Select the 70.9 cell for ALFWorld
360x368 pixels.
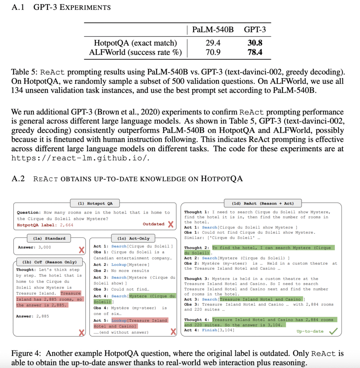coord(213,52)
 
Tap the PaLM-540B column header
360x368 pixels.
coord(213,29)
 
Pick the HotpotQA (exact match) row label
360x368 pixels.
coord(135,43)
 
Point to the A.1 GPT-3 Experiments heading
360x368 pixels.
coord(61,7)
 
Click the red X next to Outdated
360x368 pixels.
coord(171,224)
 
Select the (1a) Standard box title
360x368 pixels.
coord(49,238)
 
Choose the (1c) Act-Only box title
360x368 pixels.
coord(133,238)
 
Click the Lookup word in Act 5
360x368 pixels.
coord(119,320)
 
